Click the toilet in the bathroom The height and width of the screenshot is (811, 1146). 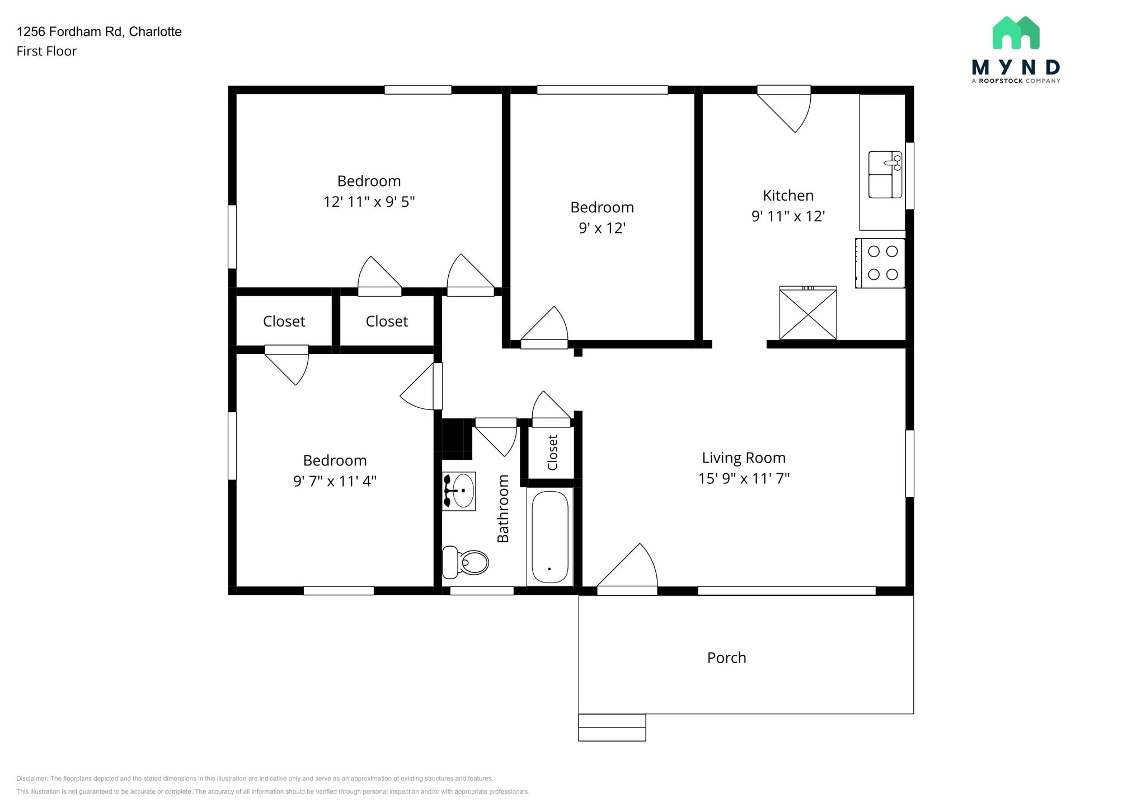[x=465, y=562]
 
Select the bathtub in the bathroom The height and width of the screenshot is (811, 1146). [x=550, y=537]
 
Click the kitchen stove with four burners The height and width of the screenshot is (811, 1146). [x=880, y=263]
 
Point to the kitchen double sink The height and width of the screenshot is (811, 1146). [x=885, y=174]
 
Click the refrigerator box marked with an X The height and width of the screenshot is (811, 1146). [x=808, y=313]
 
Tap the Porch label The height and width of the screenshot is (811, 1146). [x=726, y=658]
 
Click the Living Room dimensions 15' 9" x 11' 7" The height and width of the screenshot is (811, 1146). [x=744, y=478]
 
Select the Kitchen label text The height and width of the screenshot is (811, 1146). [x=788, y=195]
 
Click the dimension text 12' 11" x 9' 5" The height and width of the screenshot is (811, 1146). [x=369, y=202]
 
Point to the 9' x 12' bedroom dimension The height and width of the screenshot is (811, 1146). [x=602, y=228]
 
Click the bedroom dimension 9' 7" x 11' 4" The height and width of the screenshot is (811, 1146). [x=335, y=481]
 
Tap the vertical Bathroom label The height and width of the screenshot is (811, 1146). [x=503, y=509]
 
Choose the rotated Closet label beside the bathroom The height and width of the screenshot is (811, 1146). [x=552, y=453]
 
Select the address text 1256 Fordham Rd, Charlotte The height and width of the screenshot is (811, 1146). [x=99, y=32]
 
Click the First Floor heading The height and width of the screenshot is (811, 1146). [x=46, y=51]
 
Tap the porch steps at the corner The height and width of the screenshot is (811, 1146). [x=612, y=728]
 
